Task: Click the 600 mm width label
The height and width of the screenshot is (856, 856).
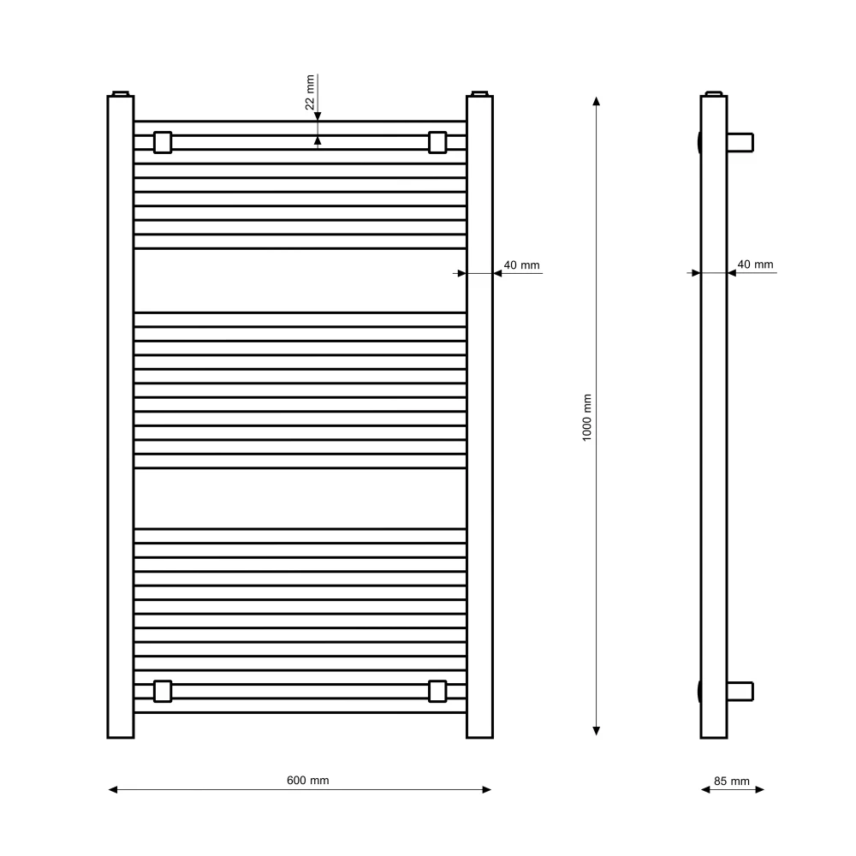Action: coord(308,781)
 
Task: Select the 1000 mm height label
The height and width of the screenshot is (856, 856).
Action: coord(587,418)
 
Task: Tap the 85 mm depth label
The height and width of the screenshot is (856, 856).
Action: coord(732,782)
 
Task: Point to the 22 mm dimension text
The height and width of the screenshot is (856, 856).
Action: coord(310,92)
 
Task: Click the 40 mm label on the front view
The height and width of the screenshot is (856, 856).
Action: coord(521,265)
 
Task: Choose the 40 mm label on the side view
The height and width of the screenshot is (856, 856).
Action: coord(756,265)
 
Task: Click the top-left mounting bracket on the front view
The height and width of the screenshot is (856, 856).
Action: coord(163,142)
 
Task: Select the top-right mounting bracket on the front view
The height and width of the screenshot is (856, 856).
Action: coord(437,142)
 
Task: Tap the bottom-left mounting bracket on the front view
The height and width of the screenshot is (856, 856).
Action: coord(163,691)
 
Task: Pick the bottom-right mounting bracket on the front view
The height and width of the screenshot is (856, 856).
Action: coord(437,691)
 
